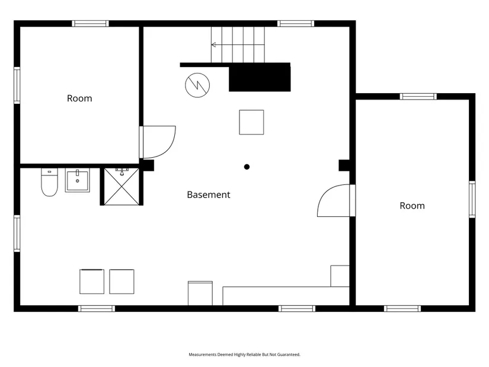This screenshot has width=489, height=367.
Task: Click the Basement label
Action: [208, 194]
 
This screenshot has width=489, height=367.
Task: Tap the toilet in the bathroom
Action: [49, 182]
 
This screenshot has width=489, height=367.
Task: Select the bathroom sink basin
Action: [77, 180]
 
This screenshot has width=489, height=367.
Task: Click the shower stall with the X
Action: [122, 187]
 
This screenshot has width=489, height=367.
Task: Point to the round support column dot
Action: [247, 167]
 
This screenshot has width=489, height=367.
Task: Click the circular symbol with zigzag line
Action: [197, 85]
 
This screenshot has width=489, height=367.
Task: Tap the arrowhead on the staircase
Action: [213, 45]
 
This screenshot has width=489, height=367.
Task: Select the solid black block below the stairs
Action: [260, 78]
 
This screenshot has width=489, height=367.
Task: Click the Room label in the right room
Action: [412, 206]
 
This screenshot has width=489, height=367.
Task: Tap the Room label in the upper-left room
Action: [79, 98]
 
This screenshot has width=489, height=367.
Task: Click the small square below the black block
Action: [251, 122]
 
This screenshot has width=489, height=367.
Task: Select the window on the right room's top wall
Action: [418, 97]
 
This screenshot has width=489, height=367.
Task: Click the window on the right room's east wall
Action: [472, 199]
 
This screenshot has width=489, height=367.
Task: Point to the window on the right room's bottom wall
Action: [402, 309]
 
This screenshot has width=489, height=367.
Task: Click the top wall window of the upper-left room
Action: [91, 23]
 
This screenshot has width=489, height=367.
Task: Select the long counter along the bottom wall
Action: [286, 296]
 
